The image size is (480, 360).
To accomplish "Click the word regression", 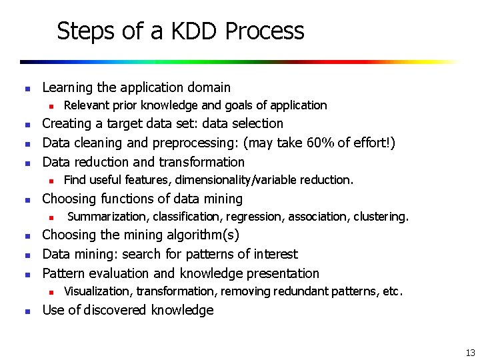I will click(262, 217).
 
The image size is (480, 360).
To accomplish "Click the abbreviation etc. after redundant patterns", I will click(391, 291).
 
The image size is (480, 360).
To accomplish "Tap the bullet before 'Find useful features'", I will click(49, 180).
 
